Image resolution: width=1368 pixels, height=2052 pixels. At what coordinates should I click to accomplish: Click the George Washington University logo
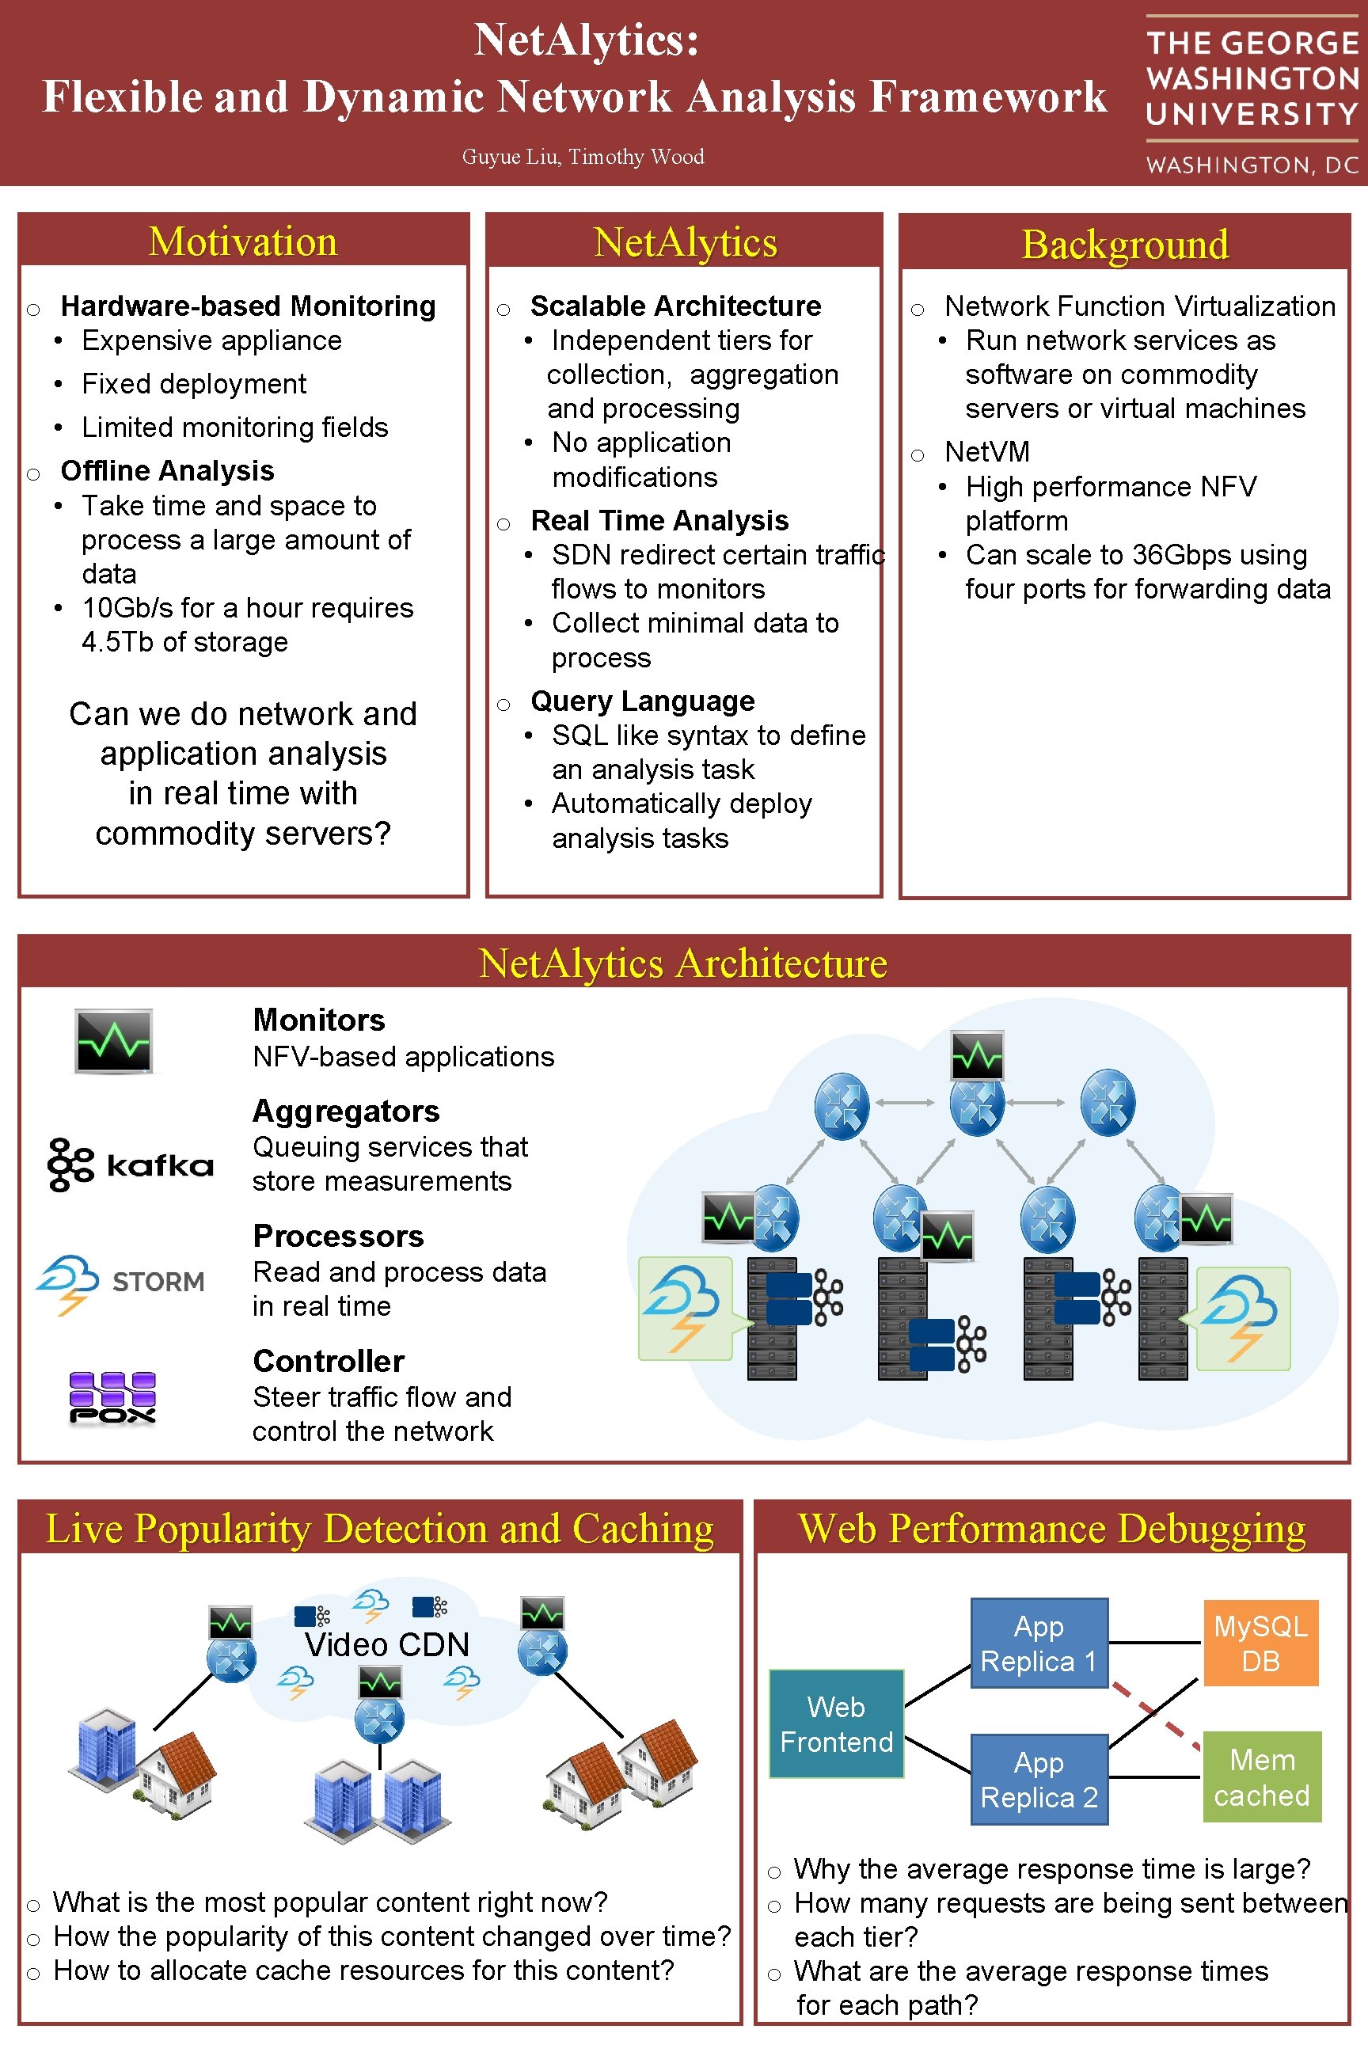tap(1252, 94)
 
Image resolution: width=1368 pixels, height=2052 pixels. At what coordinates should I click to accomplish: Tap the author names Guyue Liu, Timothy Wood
tap(583, 157)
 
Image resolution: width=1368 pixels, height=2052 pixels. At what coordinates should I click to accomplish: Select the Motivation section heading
tap(242, 241)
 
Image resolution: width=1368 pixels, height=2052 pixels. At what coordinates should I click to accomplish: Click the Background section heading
tap(1125, 245)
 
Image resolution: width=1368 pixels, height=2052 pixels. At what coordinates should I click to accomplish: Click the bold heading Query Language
tap(642, 701)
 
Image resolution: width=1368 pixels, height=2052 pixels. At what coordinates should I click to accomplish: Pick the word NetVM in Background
tap(986, 452)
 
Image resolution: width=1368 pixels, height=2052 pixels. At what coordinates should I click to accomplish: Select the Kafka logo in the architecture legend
tap(131, 1165)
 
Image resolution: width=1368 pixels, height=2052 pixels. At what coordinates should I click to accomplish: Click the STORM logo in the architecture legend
tap(120, 1282)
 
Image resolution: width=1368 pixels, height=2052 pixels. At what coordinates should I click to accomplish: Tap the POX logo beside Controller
tap(112, 1397)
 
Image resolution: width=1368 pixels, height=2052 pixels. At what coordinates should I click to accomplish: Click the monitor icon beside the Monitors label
tap(113, 1041)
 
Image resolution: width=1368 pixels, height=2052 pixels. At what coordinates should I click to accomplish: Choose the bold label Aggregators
tap(345, 1111)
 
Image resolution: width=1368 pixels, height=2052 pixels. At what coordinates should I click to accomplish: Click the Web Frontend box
tap(836, 1724)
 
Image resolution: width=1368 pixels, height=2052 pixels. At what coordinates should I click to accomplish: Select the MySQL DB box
tap(1260, 1643)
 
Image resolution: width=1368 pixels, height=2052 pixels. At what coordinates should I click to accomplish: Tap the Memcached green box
tap(1262, 1777)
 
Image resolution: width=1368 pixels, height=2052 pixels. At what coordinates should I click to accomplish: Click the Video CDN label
tap(386, 1645)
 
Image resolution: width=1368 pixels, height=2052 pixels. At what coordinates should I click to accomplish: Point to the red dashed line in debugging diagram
tap(1156, 1716)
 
